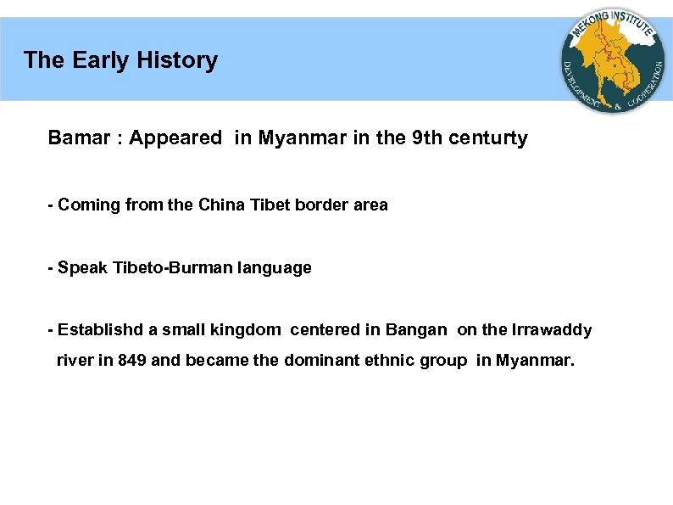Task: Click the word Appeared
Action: click(x=175, y=138)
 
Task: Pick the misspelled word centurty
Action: click(x=492, y=138)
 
